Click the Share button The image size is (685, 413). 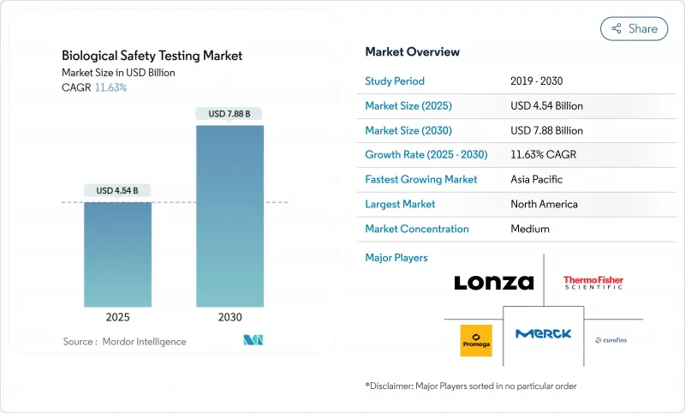[634, 28]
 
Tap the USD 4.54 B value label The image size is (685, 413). [117, 190]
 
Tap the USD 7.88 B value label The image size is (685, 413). [229, 113]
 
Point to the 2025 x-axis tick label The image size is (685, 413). [117, 317]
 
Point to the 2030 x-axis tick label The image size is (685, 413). [229, 317]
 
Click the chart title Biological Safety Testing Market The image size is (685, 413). [152, 56]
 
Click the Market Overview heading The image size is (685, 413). [412, 52]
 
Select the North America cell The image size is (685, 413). [543, 204]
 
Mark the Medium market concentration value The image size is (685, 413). [529, 229]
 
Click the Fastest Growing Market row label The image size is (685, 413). [421, 180]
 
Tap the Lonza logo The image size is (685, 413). [493, 283]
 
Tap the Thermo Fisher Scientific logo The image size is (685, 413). [593, 282]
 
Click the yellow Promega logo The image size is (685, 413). [476, 340]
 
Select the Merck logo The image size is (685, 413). [543, 334]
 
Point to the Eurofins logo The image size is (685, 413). [611, 340]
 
